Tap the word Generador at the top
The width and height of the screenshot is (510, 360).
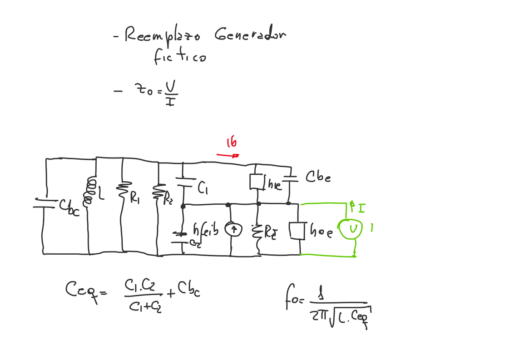pos(250,35)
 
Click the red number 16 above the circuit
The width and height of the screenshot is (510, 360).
pos(231,143)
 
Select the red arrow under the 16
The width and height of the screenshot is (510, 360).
pos(228,155)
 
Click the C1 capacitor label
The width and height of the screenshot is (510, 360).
pos(203,188)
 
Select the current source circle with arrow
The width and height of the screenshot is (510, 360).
pos(233,230)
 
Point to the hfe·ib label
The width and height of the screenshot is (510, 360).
pos(205,230)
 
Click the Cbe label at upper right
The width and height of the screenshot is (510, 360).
pos(318,177)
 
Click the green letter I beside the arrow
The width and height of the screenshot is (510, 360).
pos(361,207)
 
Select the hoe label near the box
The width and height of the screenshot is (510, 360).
pos(321,232)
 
